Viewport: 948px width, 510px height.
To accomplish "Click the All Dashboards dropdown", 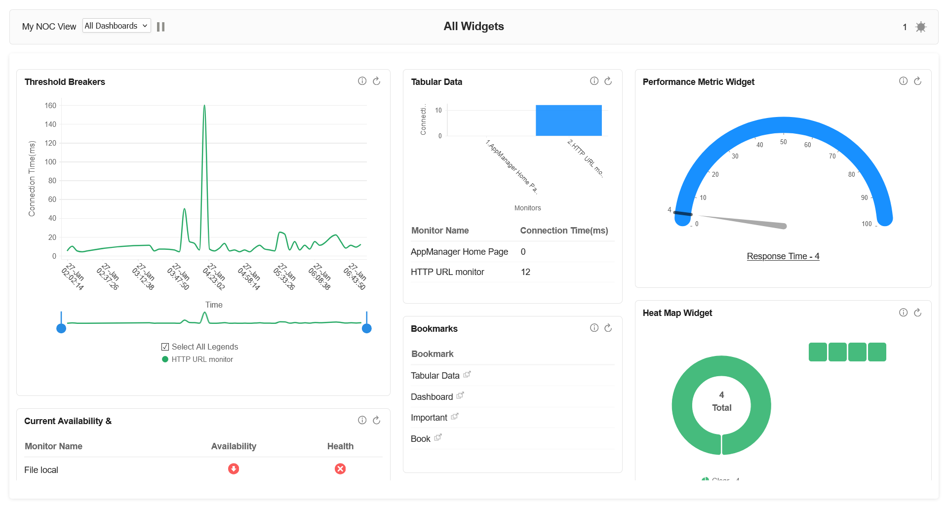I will click(116, 26).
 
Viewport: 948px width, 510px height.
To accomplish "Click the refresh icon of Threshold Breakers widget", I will click(376, 81).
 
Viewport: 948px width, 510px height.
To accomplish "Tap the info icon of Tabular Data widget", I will click(594, 81).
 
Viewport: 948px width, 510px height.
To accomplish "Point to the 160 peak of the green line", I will click(204, 106).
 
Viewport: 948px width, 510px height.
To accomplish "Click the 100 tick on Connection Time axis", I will click(50, 162).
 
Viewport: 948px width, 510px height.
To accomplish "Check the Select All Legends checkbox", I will click(165, 347).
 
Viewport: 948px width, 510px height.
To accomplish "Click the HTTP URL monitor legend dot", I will click(165, 359).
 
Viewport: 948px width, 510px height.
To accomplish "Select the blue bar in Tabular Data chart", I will click(568, 120).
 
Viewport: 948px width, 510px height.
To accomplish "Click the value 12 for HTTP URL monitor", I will click(525, 272).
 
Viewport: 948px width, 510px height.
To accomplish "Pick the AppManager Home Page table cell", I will click(459, 252).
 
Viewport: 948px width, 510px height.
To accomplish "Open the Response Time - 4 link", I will click(783, 256).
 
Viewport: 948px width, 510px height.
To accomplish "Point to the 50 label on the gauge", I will click(784, 142).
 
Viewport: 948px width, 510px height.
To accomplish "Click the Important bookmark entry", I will click(429, 418).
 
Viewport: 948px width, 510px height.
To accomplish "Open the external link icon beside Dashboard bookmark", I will click(460, 395).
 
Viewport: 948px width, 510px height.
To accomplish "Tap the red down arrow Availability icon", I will click(234, 469).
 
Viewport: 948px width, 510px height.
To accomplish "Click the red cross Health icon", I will click(340, 469).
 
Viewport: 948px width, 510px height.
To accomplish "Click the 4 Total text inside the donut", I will click(721, 402).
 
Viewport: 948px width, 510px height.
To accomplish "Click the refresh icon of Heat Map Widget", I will click(917, 313).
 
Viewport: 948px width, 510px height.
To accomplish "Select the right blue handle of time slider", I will click(366, 328).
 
